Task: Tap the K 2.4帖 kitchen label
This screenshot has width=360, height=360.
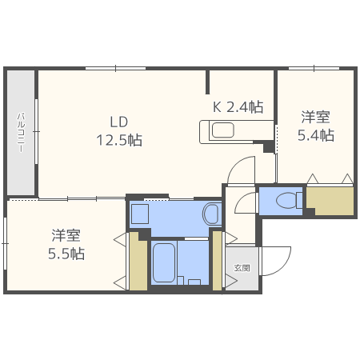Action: (x=238, y=106)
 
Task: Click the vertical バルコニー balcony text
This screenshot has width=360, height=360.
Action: (x=22, y=132)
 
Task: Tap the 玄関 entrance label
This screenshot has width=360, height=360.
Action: (x=241, y=267)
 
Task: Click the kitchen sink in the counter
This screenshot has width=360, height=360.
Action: (x=222, y=130)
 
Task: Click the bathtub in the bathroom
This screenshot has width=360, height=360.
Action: (x=164, y=262)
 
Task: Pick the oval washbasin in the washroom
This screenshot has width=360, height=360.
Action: (x=211, y=214)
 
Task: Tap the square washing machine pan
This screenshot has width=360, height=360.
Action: (x=140, y=214)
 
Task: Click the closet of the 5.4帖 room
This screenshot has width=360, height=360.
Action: (x=330, y=201)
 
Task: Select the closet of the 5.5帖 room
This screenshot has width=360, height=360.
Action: (x=138, y=261)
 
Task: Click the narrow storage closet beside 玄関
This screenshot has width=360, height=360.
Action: (x=217, y=260)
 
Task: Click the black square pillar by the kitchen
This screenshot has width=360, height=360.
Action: (x=268, y=147)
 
